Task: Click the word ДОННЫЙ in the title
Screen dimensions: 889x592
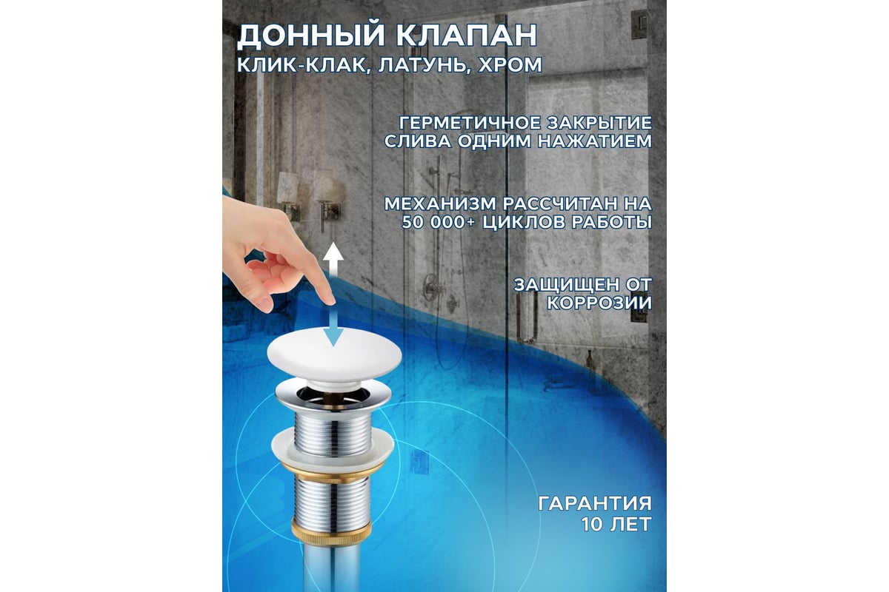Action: tap(310, 36)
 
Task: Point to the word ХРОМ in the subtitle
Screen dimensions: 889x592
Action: tap(510, 65)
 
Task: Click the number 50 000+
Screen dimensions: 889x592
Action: tap(438, 223)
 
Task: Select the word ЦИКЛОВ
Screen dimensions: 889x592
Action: tap(524, 223)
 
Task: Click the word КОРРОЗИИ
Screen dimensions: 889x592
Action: tap(599, 303)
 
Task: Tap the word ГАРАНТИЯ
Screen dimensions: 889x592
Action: tap(595, 504)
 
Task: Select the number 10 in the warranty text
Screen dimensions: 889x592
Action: tap(592, 524)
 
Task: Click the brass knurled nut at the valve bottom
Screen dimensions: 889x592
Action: tap(331, 532)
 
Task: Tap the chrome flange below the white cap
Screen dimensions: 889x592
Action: tap(333, 394)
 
